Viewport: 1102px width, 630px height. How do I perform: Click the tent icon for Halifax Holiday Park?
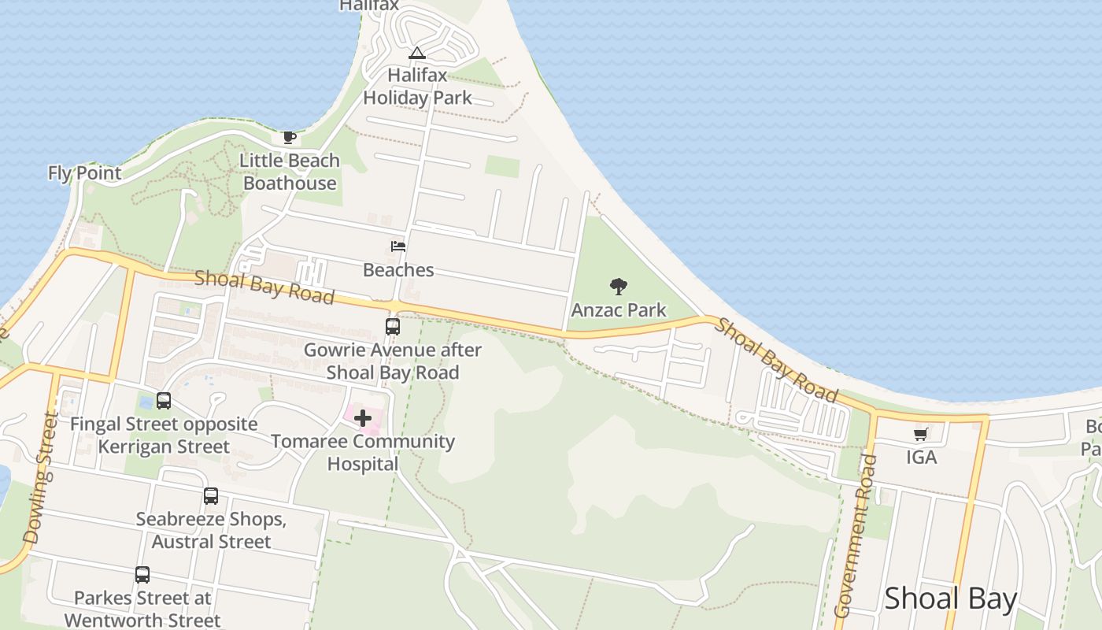[417, 54]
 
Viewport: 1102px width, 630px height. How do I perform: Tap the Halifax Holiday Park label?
[417, 87]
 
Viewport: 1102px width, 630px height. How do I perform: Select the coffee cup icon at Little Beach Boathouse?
[290, 138]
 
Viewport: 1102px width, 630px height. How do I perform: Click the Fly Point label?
[85, 173]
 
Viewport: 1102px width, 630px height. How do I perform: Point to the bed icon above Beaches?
[398, 246]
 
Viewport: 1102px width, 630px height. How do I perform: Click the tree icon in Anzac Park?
[619, 287]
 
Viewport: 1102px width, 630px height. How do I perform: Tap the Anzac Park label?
[619, 310]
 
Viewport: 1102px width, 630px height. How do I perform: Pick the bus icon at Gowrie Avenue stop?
[392, 326]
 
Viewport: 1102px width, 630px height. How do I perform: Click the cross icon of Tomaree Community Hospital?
[363, 417]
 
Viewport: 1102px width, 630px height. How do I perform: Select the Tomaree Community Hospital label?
[363, 452]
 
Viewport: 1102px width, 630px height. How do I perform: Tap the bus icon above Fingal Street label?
[164, 401]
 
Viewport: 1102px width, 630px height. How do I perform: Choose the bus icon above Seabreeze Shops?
[211, 496]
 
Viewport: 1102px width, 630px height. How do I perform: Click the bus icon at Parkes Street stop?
[142, 575]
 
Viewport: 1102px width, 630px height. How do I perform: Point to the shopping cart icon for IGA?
[921, 434]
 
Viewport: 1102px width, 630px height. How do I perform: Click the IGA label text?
[921, 457]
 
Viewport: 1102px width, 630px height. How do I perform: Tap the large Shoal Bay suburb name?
[951, 598]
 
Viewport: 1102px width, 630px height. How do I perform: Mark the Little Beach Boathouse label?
[290, 172]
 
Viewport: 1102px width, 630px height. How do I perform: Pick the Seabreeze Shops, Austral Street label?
[211, 531]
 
